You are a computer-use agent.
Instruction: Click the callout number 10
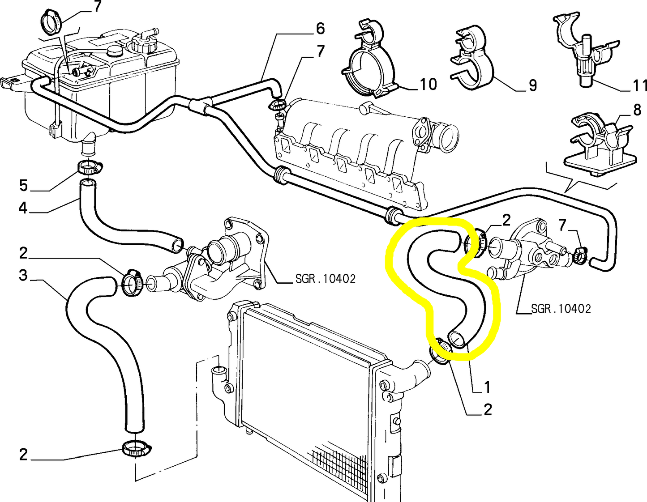tap(428, 84)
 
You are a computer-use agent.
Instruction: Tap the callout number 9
tap(532, 85)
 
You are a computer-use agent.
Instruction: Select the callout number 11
tap(639, 85)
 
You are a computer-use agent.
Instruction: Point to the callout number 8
tap(637, 111)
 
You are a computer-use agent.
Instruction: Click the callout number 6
tap(320, 29)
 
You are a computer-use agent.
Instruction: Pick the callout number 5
tap(23, 185)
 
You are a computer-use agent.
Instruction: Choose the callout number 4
tap(23, 208)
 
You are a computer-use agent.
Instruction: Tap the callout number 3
tap(23, 275)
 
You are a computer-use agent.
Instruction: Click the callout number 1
tap(487, 387)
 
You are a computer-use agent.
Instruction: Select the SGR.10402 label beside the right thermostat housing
tap(561, 309)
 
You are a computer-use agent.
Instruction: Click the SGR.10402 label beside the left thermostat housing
tap(326, 279)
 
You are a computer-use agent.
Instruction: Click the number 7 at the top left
tap(98, 6)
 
